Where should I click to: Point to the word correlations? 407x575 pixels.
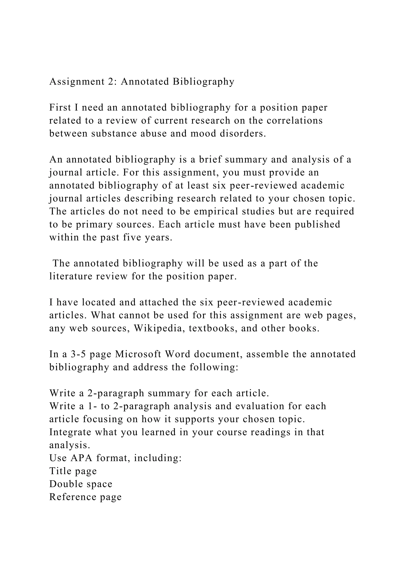(295, 121)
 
